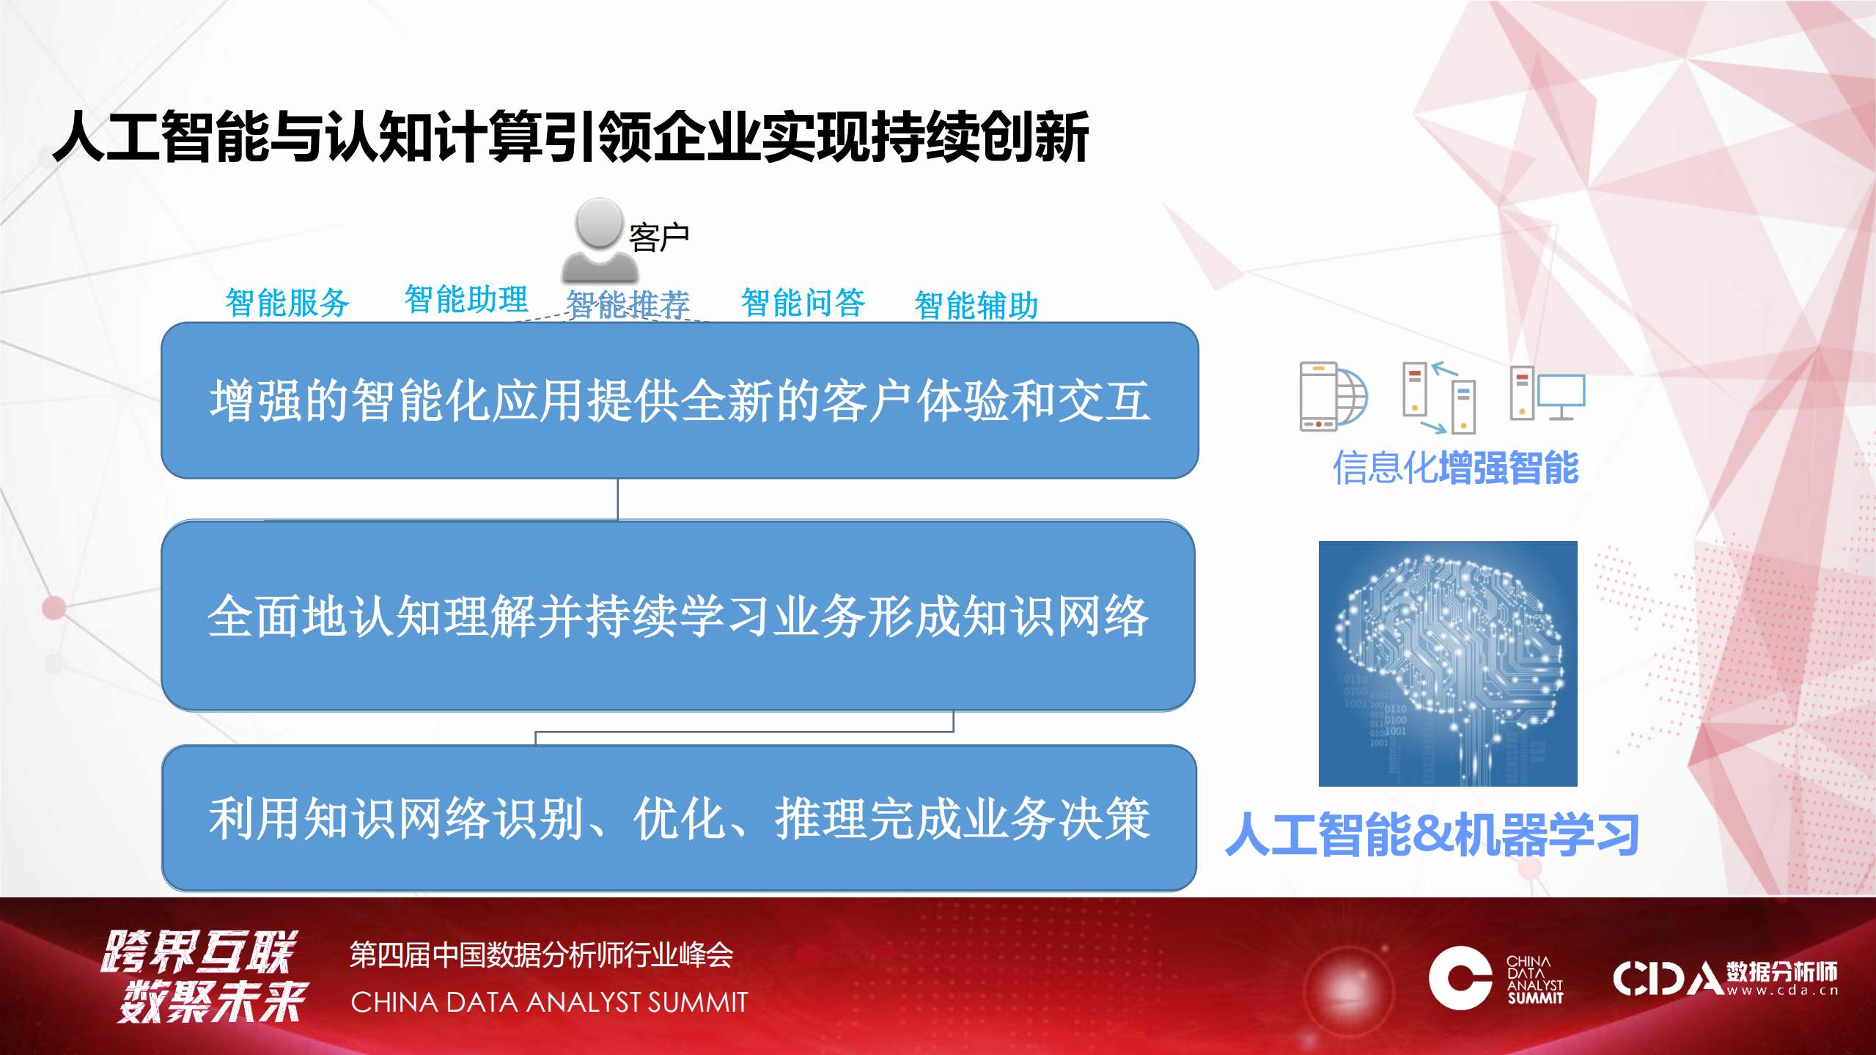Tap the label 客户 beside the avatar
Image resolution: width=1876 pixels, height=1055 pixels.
point(658,238)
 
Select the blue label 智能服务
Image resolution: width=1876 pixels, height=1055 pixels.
point(287,302)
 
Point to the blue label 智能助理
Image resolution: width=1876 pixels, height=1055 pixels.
point(466,299)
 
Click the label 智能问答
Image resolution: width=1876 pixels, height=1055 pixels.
point(803,302)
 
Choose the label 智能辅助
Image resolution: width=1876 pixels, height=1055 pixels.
point(976,305)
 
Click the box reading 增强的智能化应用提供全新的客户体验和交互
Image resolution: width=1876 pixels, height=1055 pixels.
point(680,401)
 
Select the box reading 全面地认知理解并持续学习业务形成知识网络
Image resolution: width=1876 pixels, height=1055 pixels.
point(678,616)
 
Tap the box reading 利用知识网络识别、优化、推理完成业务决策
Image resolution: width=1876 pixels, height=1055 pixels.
point(679,818)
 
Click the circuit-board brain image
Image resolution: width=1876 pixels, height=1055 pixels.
point(1447,663)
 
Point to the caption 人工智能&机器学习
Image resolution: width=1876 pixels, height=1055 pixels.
point(1432,835)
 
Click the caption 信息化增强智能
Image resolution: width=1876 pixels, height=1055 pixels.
point(1455,468)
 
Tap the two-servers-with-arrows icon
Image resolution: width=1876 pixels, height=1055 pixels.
point(1438,397)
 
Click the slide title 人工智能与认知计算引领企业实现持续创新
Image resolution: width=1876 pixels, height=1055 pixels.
point(570,137)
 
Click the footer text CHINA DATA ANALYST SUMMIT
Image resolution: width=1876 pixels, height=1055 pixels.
point(549,1002)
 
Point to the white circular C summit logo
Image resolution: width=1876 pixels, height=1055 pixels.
point(1460,978)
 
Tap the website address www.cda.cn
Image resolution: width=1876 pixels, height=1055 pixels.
point(1781,991)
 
